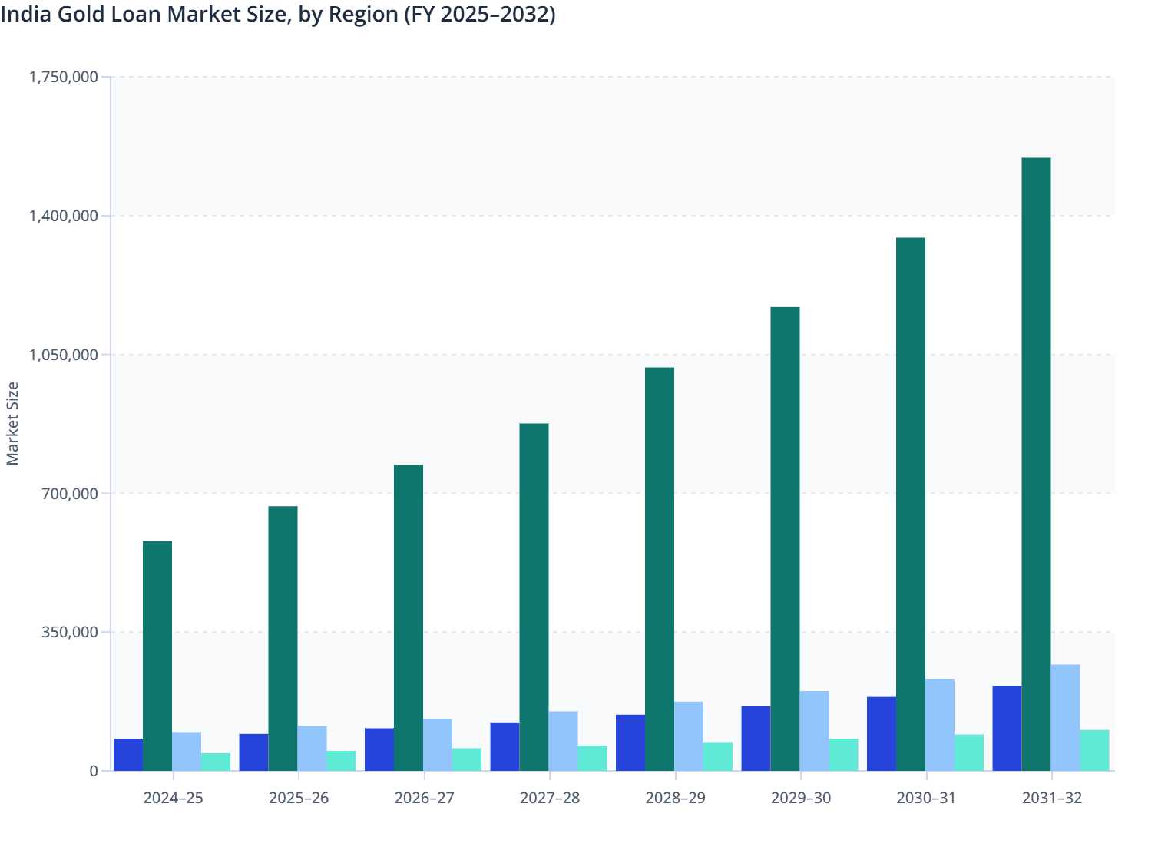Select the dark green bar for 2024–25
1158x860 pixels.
point(157,656)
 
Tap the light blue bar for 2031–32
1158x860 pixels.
point(1065,717)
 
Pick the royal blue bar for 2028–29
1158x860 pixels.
point(630,743)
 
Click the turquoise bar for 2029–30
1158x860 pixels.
point(843,755)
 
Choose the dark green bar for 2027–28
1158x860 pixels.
point(534,597)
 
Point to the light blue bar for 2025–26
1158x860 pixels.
point(312,748)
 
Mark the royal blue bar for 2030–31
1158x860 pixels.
point(882,733)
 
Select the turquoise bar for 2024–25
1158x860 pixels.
point(216,762)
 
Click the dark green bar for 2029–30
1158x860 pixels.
point(785,538)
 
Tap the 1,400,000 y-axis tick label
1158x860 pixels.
point(64,216)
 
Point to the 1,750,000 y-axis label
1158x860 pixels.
point(64,77)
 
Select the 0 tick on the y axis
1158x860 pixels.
point(94,771)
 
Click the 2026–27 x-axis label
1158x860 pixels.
point(424,798)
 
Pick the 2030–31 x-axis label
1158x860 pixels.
point(926,798)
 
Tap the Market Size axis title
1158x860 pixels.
point(12,423)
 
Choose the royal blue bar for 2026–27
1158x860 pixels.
point(379,749)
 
